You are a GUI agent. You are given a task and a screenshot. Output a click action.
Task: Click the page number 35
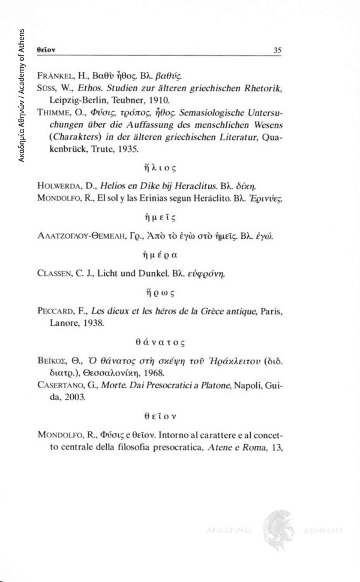pyautogui.click(x=277, y=50)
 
